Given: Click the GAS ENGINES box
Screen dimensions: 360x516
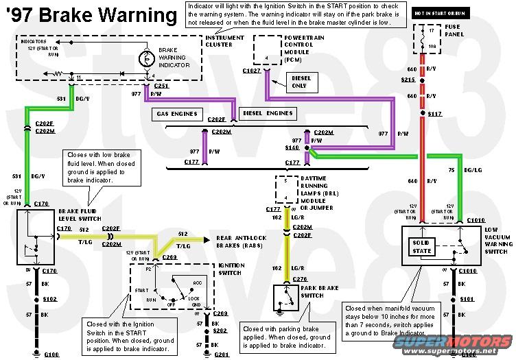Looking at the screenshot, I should click(x=176, y=113).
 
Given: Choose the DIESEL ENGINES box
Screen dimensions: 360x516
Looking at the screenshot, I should click(x=268, y=113).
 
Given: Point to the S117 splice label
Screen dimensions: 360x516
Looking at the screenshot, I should click(x=435, y=113).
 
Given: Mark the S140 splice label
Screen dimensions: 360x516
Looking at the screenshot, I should click(x=292, y=147).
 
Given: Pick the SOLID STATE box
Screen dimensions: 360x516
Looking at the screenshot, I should click(x=423, y=248).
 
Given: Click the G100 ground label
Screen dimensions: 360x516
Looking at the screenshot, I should click(x=32, y=355).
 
